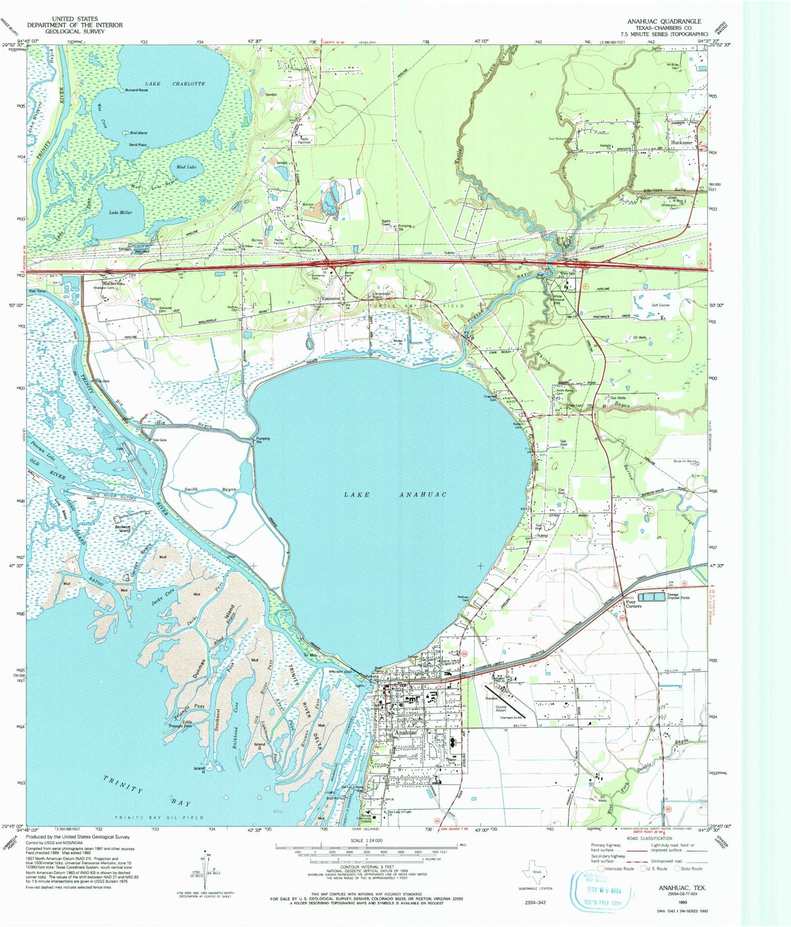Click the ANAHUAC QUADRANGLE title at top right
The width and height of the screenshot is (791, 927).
pos(664,21)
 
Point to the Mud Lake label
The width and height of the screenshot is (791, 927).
pos(186,167)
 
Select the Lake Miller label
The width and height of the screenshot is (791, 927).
pos(120,212)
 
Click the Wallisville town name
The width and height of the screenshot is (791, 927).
pos(112,283)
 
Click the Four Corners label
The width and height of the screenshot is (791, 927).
pos(633,604)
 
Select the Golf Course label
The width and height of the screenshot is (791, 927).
pos(660,305)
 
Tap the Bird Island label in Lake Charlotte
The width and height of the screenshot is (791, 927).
pos(138,133)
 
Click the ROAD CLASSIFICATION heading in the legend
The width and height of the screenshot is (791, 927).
pos(649,838)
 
